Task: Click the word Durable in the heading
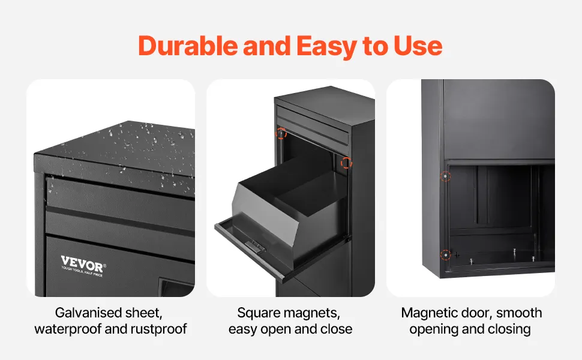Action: pos(188,46)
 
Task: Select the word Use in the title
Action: pos(418,46)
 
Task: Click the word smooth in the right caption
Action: pos(519,313)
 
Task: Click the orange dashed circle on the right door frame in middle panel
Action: pos(346,162)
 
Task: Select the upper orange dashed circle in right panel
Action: pos(445,176)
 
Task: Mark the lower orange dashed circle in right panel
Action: pos(445,255)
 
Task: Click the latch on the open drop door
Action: pos(255,245)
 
